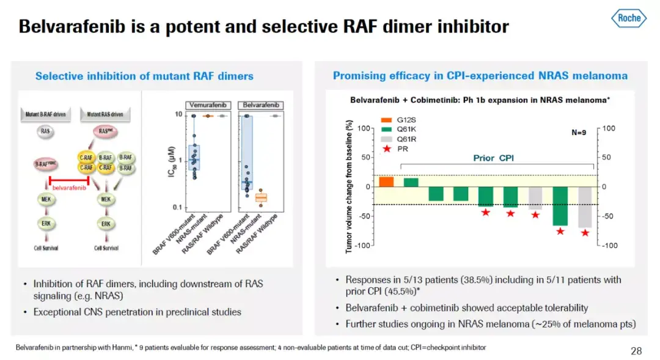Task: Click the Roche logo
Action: point(629,18)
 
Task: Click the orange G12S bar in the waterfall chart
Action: point(386,181)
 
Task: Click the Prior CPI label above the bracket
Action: point(493,158)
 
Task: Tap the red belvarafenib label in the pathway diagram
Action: point(68,188)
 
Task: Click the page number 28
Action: point(636,351)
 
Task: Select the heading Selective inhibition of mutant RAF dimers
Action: point(144,76)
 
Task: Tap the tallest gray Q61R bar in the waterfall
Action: point(585,207)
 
